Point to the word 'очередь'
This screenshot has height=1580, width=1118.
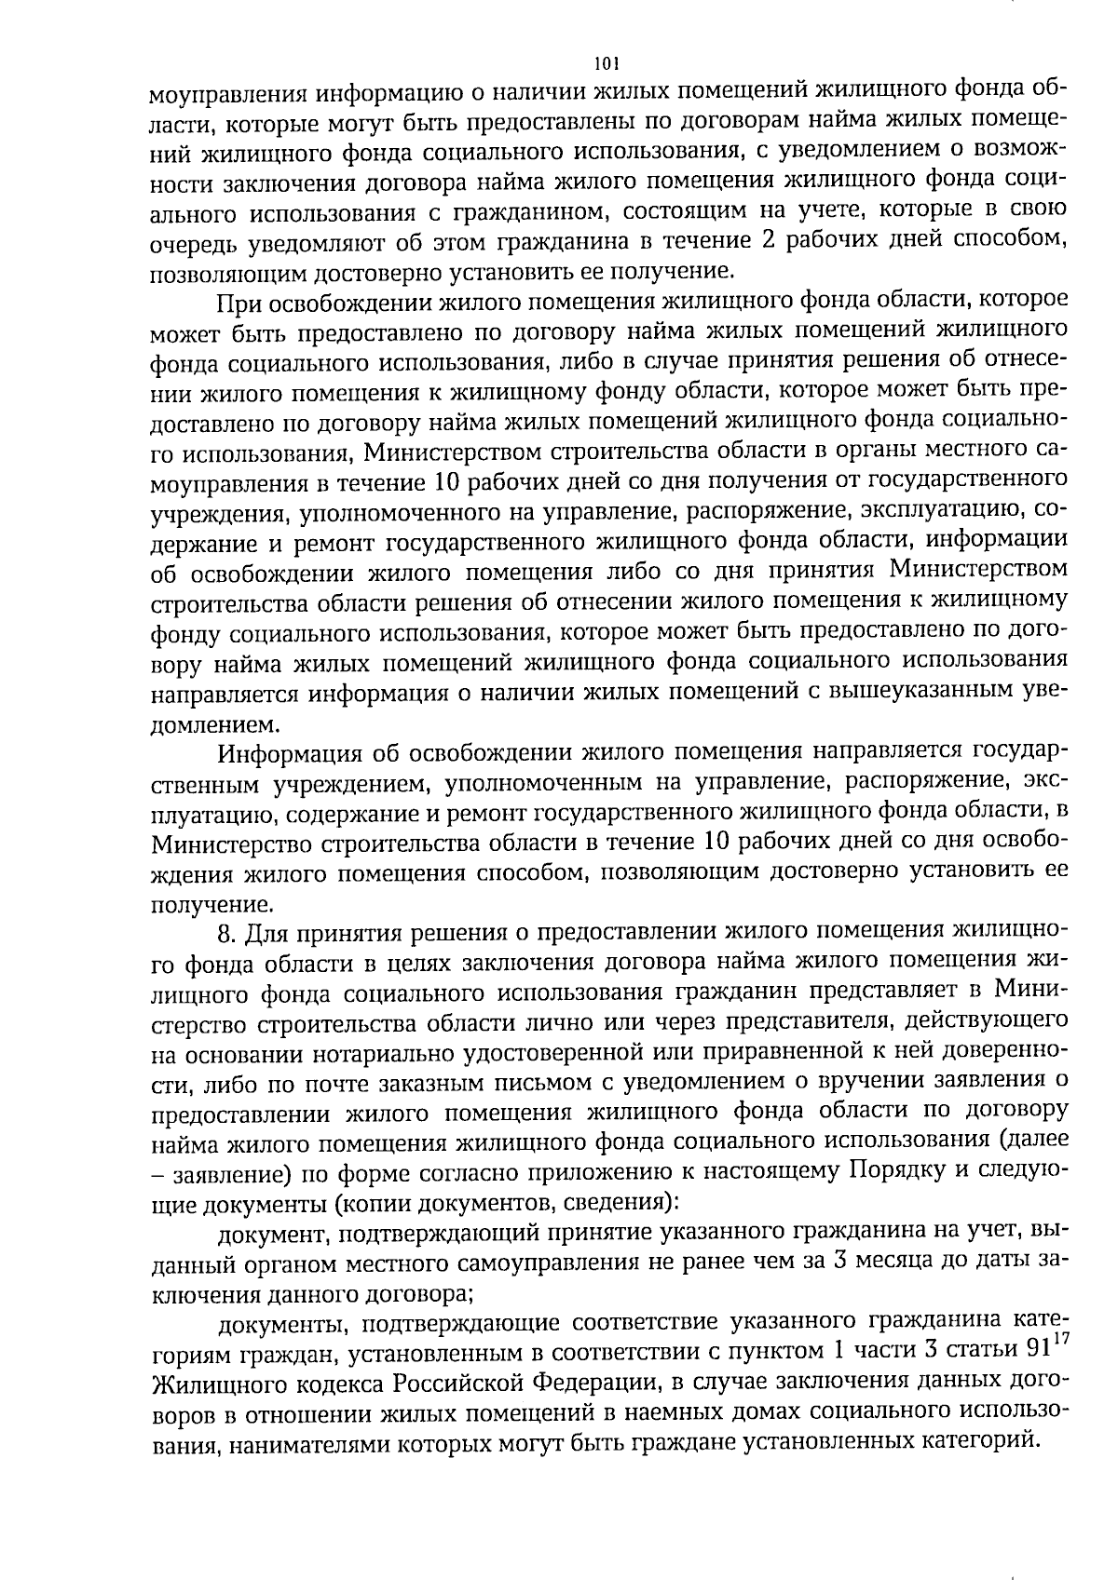[194, 242]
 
